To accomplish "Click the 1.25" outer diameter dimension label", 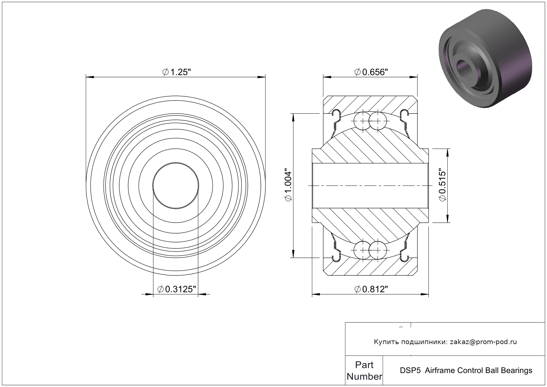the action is (x=176, y=72).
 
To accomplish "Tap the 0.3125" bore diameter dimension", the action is (x=176, y=289).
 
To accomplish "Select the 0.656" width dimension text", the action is (x=371, y=72).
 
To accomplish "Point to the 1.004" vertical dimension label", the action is (x=288, y=185).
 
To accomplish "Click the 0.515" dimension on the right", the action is (x=442, y=185).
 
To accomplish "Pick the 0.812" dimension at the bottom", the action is (x=371, y=289).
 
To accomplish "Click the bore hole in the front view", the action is (x=175, y=186).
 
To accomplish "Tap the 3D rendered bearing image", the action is (x=485, y=59).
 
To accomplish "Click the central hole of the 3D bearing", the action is (x=466, y=69).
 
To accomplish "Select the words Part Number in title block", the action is (x=364, y=371).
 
